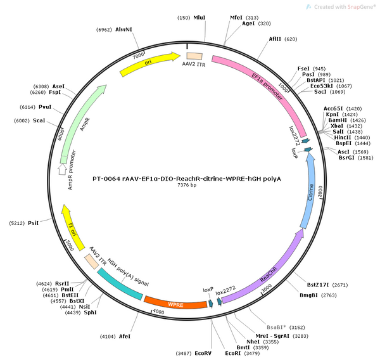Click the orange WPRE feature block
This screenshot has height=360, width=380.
tap(175, 304)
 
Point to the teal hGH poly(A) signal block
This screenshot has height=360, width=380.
tap(120, 285)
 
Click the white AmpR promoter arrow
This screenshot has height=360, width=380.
tap(63, 169)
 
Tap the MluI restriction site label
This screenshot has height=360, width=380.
tap(199, 18)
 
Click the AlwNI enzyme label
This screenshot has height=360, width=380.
tap(123, 29)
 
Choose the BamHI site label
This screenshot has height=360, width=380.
tap(338, 120)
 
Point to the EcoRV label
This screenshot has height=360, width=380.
tap(203, 353)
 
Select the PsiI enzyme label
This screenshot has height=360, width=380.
tap(33, 223)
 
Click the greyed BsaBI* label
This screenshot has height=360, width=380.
tap(276, 327)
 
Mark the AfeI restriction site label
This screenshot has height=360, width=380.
tap(125, 337)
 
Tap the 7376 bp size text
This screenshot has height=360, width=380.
tap(187, 185)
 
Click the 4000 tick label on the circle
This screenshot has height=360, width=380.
tap(158, 312)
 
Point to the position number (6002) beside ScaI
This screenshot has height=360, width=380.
tap(22, 120)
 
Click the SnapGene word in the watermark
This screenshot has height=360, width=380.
tap(361, 7)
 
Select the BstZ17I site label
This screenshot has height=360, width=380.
tap(318, 285)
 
